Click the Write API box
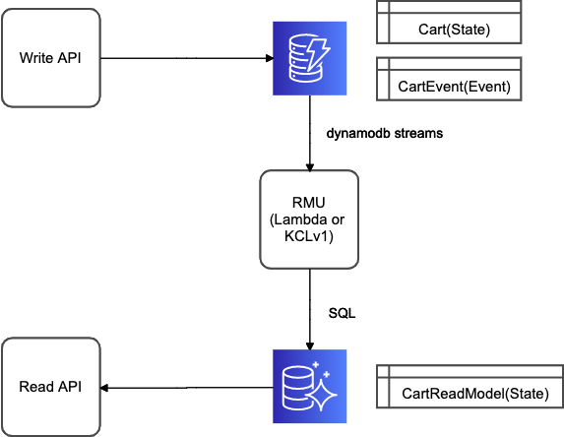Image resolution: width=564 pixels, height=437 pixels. coord(51,58)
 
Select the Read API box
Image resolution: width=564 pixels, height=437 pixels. coord(51,387)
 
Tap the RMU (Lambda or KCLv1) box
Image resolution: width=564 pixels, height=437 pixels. coord(309,219)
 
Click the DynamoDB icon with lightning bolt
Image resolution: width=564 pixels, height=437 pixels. coord(310,58)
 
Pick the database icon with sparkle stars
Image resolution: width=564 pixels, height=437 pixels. coord(310,386)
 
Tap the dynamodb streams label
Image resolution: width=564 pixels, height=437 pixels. coord(385,134)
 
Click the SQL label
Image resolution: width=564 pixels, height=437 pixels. coord(342,313)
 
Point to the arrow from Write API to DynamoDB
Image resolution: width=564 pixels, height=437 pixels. coord(187,58)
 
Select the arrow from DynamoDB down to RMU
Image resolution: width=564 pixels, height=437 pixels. coord(310,133)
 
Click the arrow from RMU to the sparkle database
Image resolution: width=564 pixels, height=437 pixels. coord(310,309)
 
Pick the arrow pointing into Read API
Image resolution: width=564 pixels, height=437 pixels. coord(187,388)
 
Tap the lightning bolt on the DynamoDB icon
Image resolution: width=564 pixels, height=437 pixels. coord(318,53)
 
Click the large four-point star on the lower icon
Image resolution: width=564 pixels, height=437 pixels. coord(322,395)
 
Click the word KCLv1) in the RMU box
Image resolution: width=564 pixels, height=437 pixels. coord(309,236)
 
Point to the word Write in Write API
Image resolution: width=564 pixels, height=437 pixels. coord(35,58)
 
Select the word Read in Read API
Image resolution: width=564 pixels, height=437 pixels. coord(36,387)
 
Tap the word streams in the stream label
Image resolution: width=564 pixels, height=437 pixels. coord(418,134)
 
